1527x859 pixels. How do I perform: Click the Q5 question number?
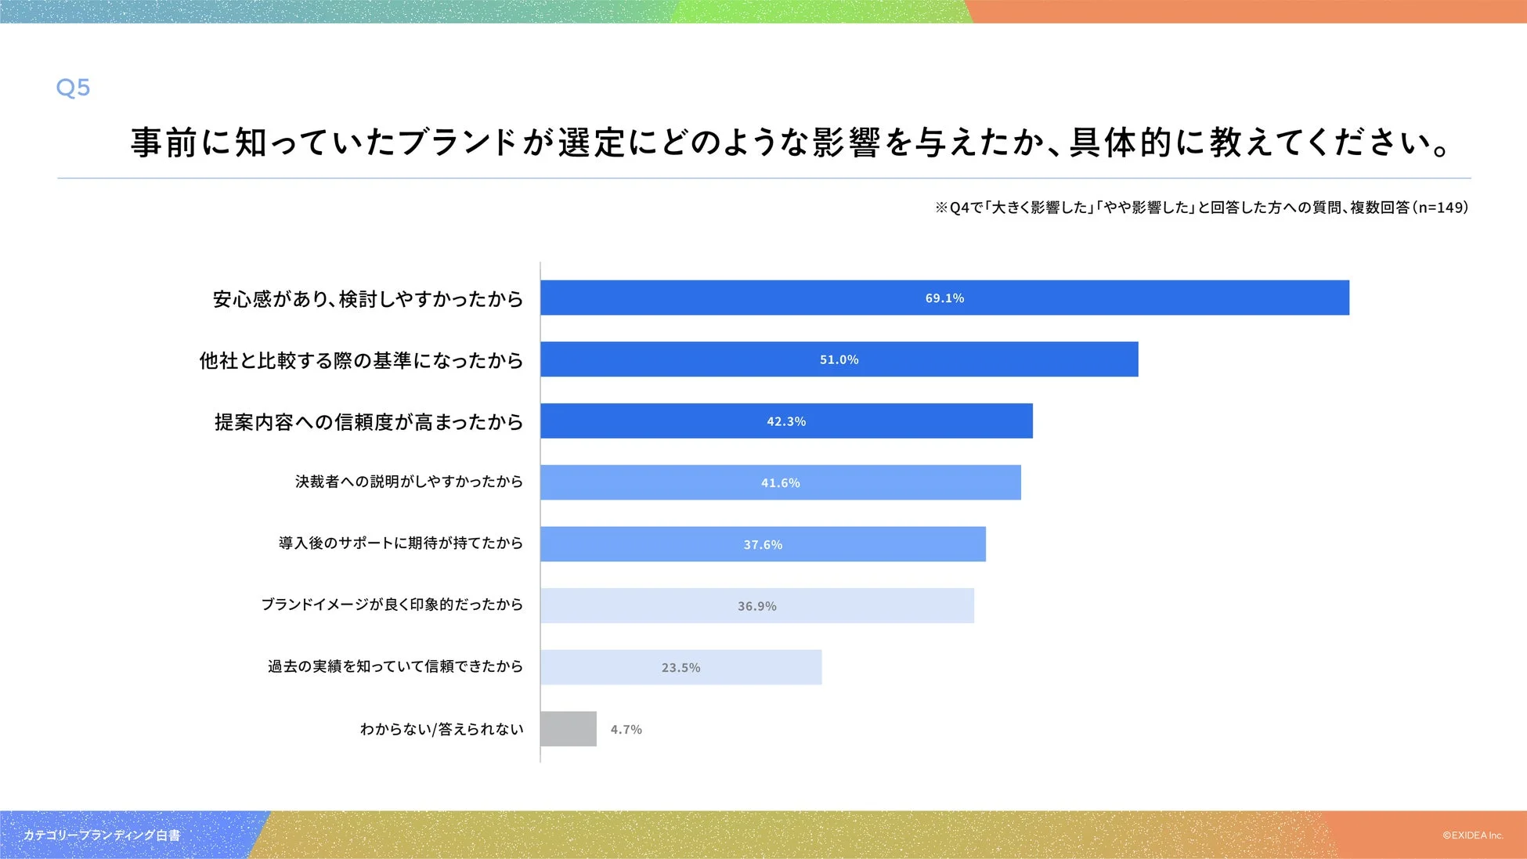[x=73, y=88]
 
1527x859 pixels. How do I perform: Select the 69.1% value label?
[x=944, y=298]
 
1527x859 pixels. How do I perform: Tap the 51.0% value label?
[x=839, y=359]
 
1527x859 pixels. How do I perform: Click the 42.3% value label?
[x=786, y=421]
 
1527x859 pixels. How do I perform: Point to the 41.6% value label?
[x=780, y=483]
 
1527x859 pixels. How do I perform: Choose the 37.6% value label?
[x=763, y=544]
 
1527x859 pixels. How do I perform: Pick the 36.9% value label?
[x=756, y=606]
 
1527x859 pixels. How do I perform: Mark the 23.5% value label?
[x=680, y=668]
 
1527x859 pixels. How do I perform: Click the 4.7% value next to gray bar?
[x=626, y=730]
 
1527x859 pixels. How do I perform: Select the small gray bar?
[x=569, y=729]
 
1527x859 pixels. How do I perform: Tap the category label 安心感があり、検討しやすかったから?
[x=367, y=299]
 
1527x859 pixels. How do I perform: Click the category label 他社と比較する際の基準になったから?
[x=361, y=360]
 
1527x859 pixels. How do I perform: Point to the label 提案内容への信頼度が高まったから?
[x=368, y=422]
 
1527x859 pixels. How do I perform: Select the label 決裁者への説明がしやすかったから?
[x=409, y=482]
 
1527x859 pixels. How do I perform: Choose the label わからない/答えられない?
[x=441, y=729]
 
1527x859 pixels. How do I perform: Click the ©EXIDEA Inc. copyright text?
[x=1472, y=836]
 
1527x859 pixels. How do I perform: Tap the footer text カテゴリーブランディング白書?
[x=101, y=836]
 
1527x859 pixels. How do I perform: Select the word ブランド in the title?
[x=457, y=143]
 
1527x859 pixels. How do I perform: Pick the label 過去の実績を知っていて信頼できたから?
[x=395, y=666]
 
